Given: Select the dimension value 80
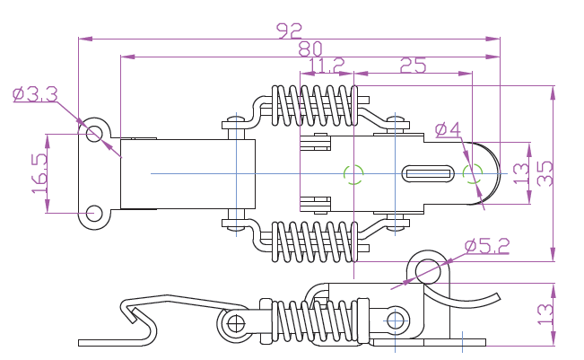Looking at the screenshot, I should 309,48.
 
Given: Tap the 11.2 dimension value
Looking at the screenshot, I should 326,66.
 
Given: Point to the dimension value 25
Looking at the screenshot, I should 412,66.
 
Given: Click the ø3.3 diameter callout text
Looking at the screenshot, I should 35,93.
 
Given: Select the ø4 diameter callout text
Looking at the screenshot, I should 447,130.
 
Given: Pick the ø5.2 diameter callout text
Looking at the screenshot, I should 487,245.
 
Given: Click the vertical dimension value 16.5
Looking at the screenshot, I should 38,173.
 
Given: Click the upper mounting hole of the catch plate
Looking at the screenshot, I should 94,132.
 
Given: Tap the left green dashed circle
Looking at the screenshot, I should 353,172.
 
